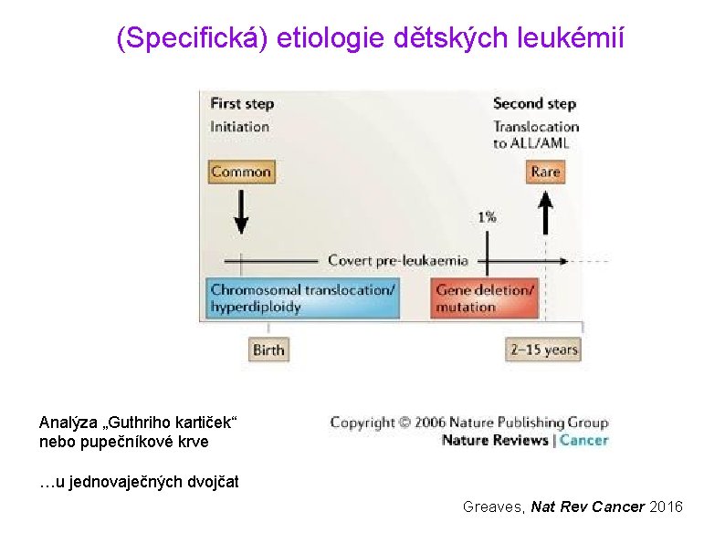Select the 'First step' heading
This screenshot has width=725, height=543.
pos(242,103)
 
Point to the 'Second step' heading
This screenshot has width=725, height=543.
pos(534,103)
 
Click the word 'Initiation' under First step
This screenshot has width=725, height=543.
pos(239,126)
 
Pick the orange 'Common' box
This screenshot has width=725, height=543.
pos(241,172)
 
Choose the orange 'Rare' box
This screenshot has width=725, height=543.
pos(545,172)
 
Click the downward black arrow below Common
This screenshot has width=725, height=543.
pos(241,212)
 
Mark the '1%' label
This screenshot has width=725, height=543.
pos(487,217)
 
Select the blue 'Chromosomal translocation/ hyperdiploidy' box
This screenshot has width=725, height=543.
pos(303,298)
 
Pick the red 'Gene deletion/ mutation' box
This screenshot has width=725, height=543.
pos(484,298)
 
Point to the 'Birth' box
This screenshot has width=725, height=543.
pos(268,350)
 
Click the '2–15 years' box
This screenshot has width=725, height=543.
pos(543,350)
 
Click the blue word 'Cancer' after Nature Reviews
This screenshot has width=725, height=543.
pos(583,440)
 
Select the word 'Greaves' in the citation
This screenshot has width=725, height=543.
pos(493,506)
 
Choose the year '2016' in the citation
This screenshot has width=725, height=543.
pos(665,506)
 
